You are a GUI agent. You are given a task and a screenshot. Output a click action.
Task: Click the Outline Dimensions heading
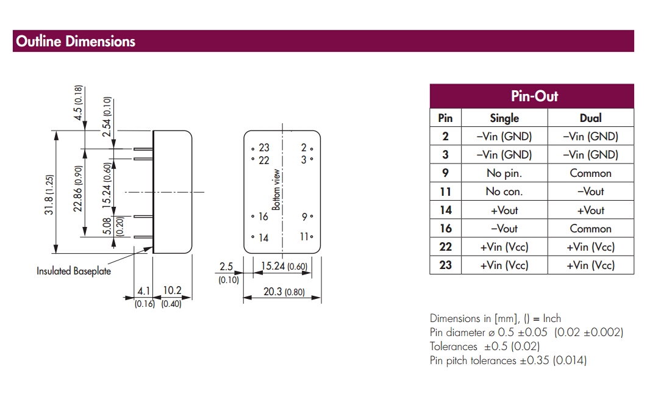tap(76, 41)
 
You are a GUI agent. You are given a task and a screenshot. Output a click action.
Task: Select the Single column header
tap(504, 118)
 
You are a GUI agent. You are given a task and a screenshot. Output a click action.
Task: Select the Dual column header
tap(590, 118)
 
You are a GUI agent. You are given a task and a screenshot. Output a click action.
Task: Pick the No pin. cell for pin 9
tap(504, 173)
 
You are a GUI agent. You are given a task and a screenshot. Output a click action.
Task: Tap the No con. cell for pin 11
tap(504, 192)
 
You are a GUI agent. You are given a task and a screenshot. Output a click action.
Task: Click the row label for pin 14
tap(445, 210)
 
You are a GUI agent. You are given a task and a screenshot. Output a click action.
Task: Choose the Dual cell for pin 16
tap(590, 229)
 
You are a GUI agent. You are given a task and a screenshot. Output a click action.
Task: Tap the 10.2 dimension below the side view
tap(173, 292)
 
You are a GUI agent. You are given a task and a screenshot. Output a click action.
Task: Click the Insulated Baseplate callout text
tap(74, 271)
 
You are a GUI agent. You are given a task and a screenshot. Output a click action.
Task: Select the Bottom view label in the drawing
tap(276, 190)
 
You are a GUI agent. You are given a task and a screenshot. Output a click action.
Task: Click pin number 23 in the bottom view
tap(263, 148)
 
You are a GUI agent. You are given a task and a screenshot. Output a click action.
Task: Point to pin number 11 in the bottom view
tap(304, 237)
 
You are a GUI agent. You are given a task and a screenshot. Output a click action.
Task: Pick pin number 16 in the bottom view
tap(263, 217)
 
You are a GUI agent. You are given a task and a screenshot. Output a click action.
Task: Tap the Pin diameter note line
tap(526, 332)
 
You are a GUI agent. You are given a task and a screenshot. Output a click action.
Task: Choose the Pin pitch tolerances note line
tap(508, 360)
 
